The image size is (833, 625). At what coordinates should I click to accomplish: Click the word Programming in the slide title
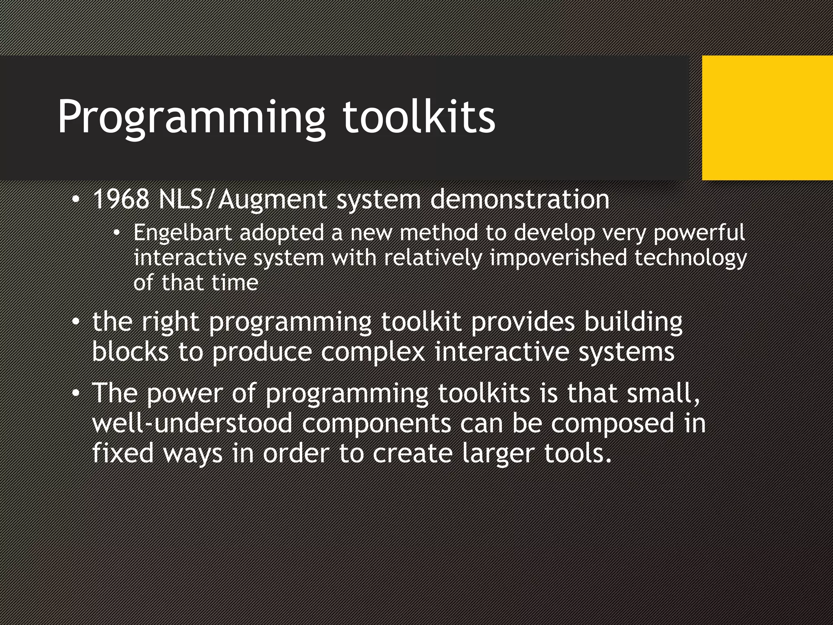point(191,118)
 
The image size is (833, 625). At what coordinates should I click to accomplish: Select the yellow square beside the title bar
point(767,118)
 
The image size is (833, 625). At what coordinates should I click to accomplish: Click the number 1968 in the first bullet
point(121,199)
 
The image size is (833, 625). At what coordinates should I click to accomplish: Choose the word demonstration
point(519,199)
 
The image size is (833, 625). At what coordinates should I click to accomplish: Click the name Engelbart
point(183,233)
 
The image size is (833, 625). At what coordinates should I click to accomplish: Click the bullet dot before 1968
point(75,200)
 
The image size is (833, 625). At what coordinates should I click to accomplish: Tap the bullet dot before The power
point(75,393)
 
